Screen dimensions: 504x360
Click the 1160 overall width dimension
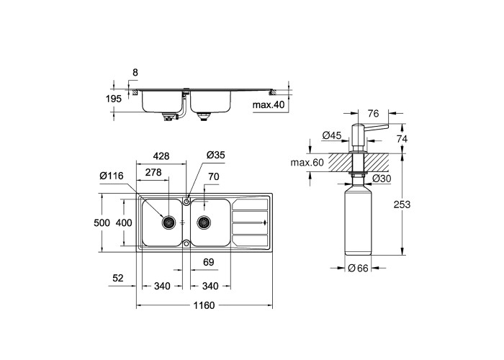coord(204,305)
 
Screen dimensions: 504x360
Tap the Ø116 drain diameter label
coord(112,176)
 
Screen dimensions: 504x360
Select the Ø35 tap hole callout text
coord(216,156)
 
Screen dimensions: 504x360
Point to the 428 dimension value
coord(161,156)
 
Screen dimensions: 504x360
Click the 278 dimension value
coord(153,173)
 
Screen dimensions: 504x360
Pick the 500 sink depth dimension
coord(102,222)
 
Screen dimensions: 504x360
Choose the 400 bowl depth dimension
coord(124,222)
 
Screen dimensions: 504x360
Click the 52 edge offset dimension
coord(118,278)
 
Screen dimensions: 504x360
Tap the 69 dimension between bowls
coord(209,262)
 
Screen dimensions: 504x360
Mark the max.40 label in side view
coord(269,105)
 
